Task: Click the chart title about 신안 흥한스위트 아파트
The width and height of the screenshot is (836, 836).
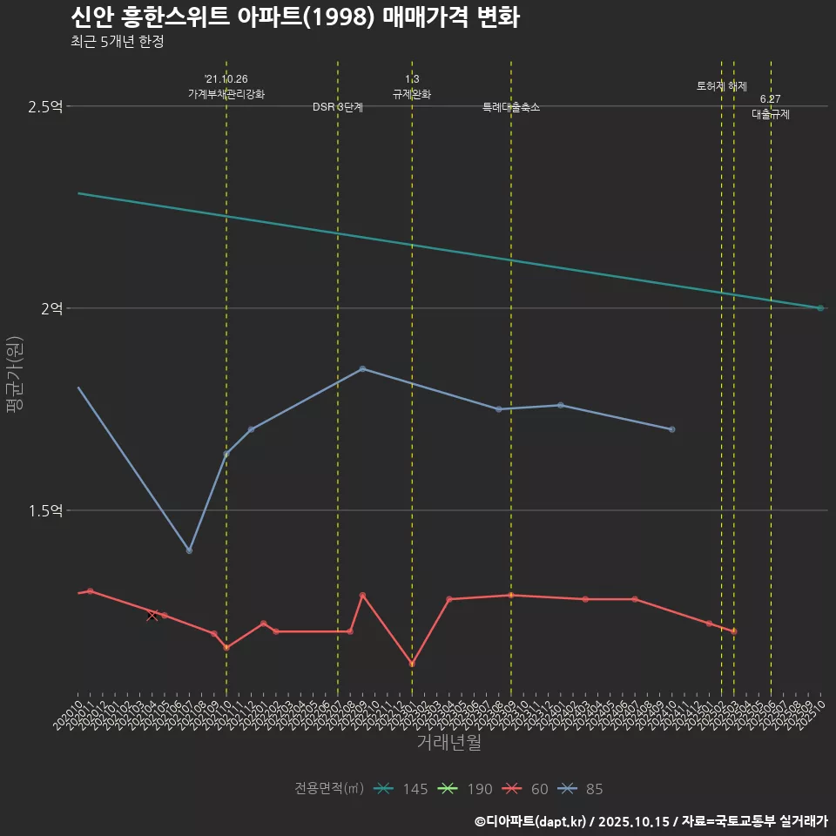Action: [x=294, y=17]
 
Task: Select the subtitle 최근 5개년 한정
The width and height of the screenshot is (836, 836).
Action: [x=117, y=42]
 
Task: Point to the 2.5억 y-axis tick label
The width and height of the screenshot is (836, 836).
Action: [x=45, y=107]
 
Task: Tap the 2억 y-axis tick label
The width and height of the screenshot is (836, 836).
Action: [x=51, y=308]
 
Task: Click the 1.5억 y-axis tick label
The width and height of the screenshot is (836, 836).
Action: [x=45, y=510]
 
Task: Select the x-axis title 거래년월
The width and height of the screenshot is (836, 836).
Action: [x=448, y=743]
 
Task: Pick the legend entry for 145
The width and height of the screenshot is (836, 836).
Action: [x=401, y=789]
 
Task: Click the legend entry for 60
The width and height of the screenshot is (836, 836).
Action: [x=527, y=789]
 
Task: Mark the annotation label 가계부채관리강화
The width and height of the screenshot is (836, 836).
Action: [x=226, y=94]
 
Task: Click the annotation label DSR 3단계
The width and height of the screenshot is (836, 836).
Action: [x=338, y=107]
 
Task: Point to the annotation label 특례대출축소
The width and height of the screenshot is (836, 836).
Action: [x=511, y=107]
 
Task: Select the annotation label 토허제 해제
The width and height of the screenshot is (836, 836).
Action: [x=722, y=86]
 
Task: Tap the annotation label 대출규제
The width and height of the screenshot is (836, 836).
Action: [x=771, y=114]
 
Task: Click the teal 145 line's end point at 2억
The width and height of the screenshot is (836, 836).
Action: [x=820, y=308]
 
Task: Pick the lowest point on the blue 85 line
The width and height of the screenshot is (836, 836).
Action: [x=189, y=550]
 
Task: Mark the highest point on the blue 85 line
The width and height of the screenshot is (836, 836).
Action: [x=362, y=368]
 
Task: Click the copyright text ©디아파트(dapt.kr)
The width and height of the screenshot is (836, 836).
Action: [x=532, y=821]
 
